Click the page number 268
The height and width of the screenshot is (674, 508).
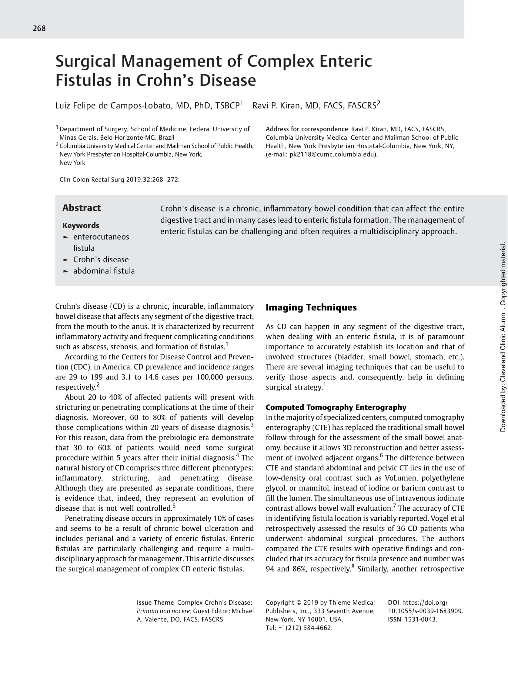[39, 28]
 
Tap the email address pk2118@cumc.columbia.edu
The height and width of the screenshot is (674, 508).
[333, 154]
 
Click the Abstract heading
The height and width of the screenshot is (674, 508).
[82, 208]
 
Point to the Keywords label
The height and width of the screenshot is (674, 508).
[81, 225]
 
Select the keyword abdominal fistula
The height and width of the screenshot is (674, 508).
[104, 271]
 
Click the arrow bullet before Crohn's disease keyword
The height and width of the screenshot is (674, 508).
[65, 260]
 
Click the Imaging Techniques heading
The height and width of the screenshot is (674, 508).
[311, 307]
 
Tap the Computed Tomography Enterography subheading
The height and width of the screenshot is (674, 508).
[336, 407]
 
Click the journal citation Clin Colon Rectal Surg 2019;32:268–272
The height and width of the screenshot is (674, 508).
[119, 179]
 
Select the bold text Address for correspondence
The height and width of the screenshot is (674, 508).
[306, 129]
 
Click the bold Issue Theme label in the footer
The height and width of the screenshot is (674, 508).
[155, 603]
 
